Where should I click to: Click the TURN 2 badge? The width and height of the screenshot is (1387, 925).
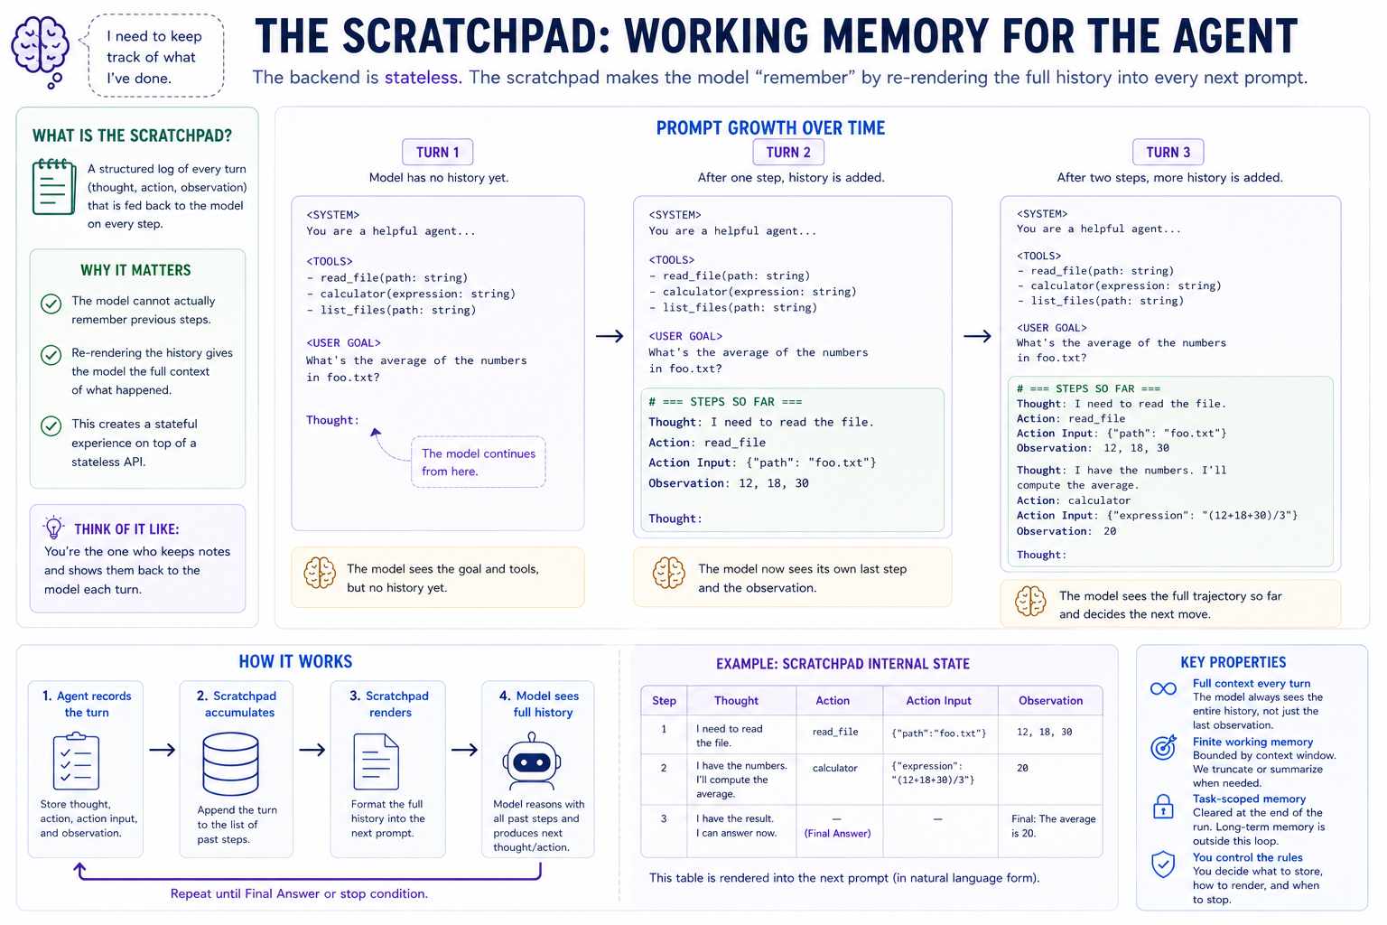pos(787,153)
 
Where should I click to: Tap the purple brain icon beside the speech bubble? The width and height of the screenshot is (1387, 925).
pos(41,51)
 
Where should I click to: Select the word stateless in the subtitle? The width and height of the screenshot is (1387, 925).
pos(422,78)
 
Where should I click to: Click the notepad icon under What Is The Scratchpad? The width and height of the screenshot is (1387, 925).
pos(54,187)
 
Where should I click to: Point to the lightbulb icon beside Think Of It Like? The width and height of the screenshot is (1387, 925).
pos(54,528)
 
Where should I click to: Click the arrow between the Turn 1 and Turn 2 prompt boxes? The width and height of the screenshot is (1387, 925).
pos(610,336)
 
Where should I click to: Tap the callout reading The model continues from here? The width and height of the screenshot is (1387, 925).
pos(478,462)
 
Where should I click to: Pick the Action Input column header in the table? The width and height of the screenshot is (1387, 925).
pos(938,701)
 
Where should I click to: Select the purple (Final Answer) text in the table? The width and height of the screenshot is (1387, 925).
pos(837,833)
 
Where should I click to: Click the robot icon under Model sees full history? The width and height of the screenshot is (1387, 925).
pos(531,761)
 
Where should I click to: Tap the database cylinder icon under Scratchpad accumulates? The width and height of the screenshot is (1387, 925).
pos(230,763)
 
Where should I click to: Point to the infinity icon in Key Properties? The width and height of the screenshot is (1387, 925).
pos(1163,689)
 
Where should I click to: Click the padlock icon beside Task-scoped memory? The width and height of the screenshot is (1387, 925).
pos(1163,807)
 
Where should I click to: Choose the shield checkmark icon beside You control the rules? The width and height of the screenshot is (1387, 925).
pos(1163,864)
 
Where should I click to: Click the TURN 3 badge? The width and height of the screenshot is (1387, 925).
pos(1168,153)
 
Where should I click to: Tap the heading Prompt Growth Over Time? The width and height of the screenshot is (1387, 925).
pos(770,128)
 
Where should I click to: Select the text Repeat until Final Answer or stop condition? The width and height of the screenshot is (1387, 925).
pos(299,893)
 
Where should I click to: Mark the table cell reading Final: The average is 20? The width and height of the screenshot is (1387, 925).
pos(1053,826)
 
